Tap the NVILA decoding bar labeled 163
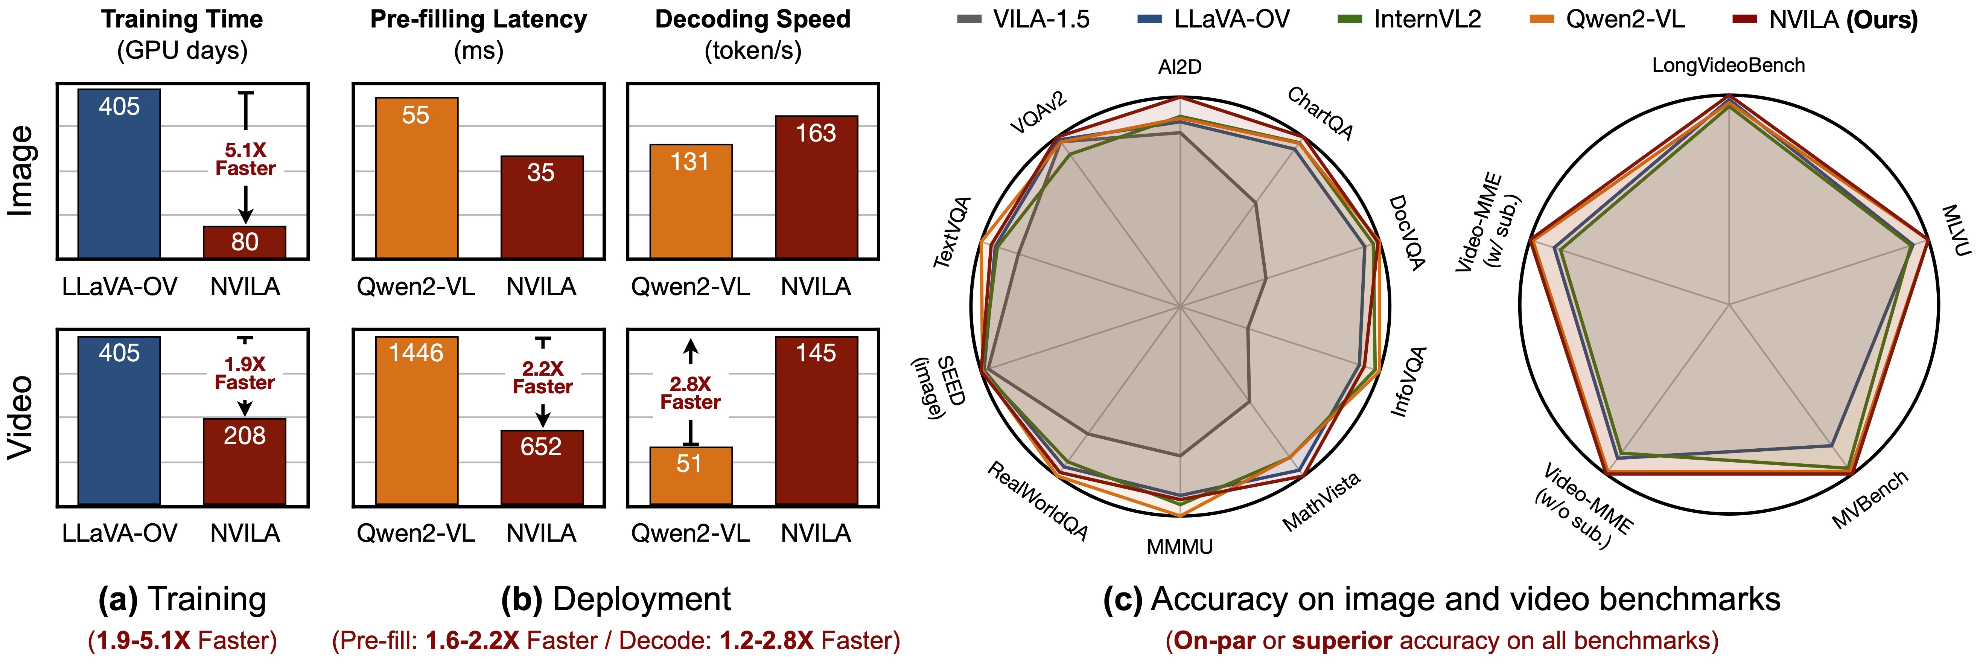(816, 187)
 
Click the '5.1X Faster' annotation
(245, 160)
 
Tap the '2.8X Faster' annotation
(690, 393)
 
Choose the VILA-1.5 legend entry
(1024, 19)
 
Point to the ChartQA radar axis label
(1320, 114)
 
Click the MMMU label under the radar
(1180, 547)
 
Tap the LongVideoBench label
(1728, 65)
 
